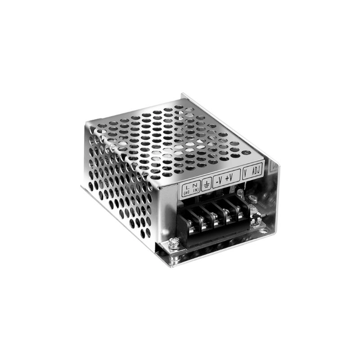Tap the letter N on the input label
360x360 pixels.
pos(195,185)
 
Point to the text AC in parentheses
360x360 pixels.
pos(187,193)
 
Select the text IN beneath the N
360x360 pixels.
pos(196,190)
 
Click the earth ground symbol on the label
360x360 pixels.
pos(207,184)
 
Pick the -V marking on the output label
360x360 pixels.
pos(219,181)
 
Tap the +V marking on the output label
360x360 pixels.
pos(229,178)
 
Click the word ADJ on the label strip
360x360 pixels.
pos(256,171)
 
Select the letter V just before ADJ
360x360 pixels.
pos(245,174)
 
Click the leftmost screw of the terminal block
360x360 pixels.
pos(190,223)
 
